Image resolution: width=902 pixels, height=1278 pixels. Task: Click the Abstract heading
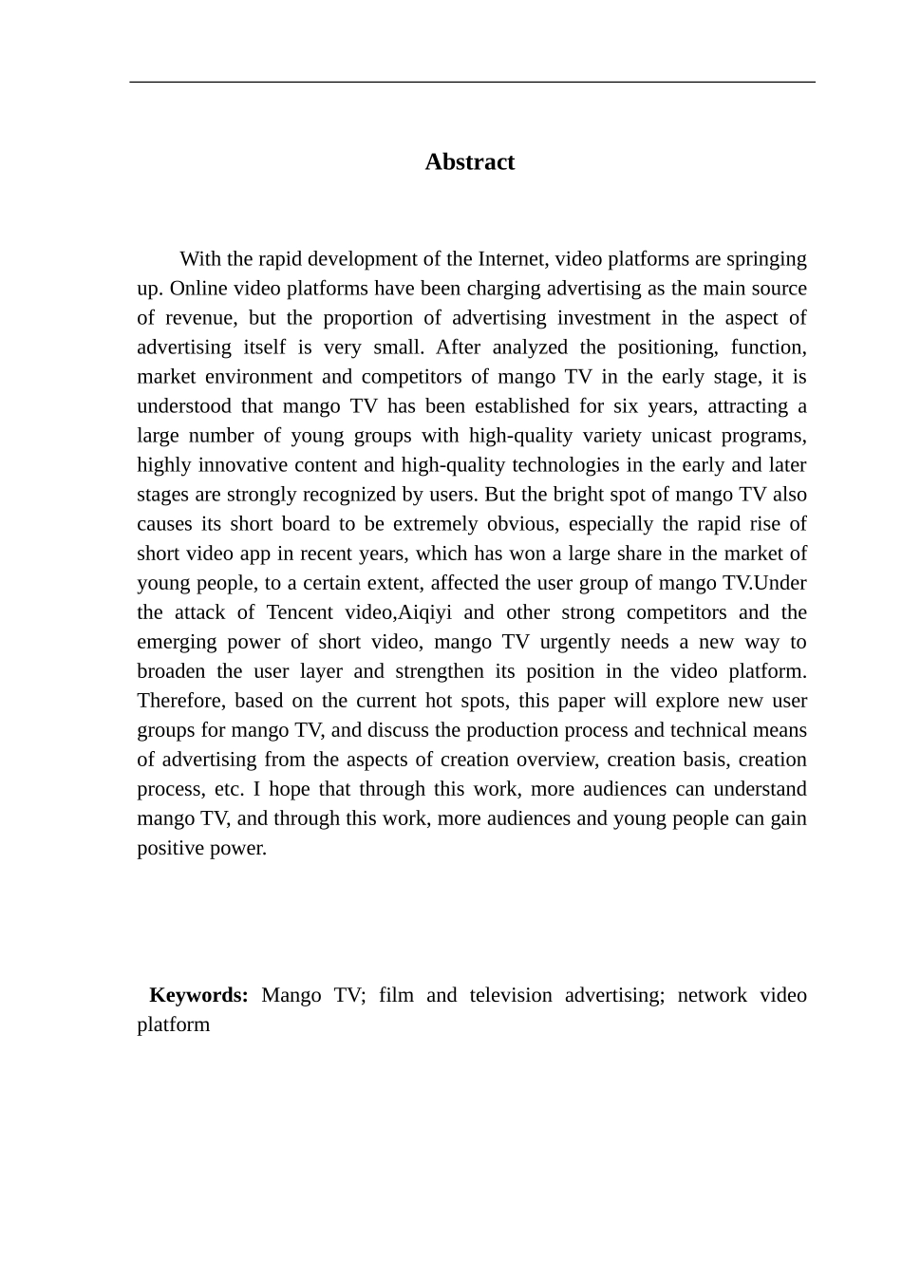[x=469, y=162]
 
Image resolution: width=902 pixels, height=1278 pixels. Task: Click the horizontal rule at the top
[x=472, y=83]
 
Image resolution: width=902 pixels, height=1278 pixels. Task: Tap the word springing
[x=766, y=259]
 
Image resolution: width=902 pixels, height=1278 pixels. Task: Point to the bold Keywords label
[x=198, y=995]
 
